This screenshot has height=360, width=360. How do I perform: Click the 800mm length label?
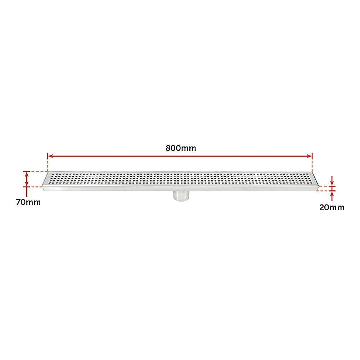(x=181, y=148)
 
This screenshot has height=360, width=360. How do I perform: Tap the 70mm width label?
(x=28, y=202)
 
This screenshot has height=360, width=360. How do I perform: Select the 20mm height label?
(x=332, y=207)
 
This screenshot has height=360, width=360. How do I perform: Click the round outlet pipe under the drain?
(x=181, y=195)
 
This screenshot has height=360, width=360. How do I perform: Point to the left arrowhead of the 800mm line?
(x=50, y=156)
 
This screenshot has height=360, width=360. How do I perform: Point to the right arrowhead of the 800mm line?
(x=309, y=156)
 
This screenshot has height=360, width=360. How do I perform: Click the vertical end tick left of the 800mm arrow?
(x=48, y=156)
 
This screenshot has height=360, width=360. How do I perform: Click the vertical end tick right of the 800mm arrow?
(x=312, y=156)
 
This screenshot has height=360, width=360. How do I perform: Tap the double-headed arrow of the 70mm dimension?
(x=26, y=179)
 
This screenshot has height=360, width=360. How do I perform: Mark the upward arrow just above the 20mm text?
(x=332, y=195)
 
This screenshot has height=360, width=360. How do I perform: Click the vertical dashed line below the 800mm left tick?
(x=48, y=166)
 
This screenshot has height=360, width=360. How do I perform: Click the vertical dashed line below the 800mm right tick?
(x=312, y=166)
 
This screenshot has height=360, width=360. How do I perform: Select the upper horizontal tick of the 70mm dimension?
(x=26, y=171)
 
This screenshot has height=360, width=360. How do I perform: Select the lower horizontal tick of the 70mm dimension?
(x=26, y=186)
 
